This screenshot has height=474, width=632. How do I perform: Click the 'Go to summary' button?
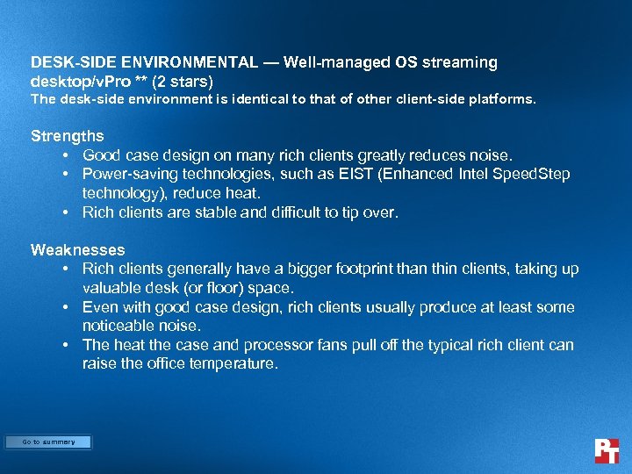(48, 442)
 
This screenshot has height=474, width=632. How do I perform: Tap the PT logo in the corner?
(607, 450)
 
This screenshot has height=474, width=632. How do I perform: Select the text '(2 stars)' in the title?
(183, 82)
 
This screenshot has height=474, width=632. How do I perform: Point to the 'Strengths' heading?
(67, 136)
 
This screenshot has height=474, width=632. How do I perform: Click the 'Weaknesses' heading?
(77, 250)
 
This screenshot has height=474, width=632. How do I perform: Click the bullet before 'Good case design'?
(67, 155)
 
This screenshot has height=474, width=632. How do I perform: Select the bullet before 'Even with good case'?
(67, 307)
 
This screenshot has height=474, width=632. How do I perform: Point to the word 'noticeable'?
(118, 326)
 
